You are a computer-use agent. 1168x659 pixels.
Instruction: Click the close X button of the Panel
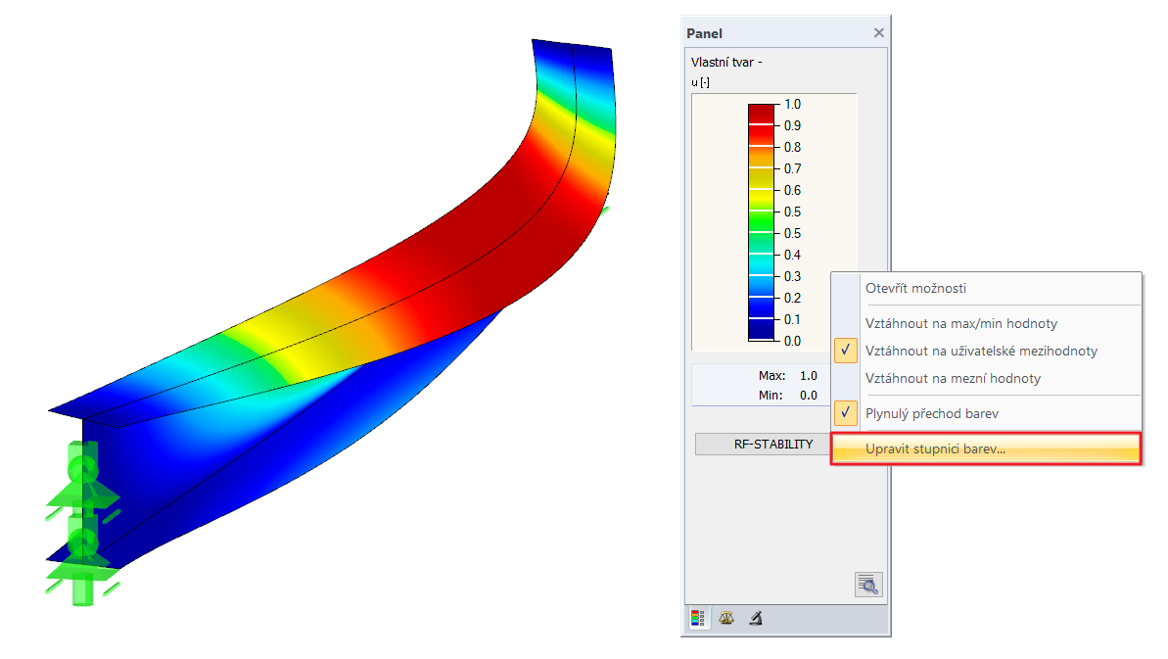[x=879, y=32]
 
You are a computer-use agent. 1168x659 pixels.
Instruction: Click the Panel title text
[x=704, y=33]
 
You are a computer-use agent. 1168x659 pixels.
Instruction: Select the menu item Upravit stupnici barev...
[x=935, y=449]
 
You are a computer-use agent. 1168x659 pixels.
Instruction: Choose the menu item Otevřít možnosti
[x=915, y=288]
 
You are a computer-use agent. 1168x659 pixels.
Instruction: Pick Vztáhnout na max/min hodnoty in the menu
[x=960, y=323]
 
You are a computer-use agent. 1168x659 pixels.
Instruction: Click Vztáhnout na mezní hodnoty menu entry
[x=953, y=378]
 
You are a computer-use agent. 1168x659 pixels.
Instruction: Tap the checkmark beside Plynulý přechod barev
[x=846, y=412]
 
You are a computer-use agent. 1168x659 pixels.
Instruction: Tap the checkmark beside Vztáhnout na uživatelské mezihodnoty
[x=846, y=350]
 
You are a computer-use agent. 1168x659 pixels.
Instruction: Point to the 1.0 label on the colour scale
[x=793, y=104]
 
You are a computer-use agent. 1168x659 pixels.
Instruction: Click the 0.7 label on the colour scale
[x=793, y=169]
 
